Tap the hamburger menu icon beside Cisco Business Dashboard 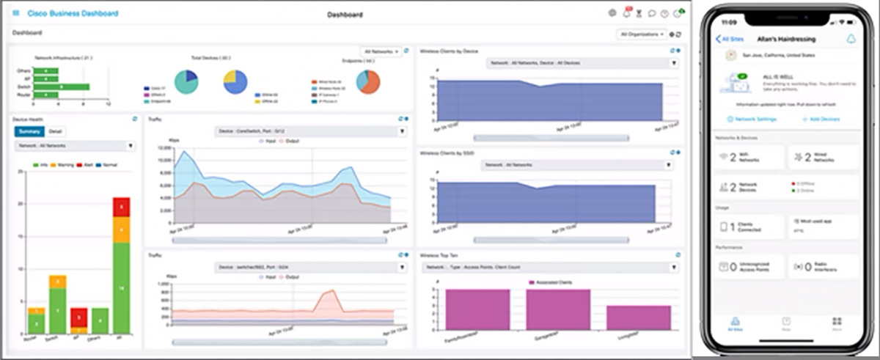[16, 13]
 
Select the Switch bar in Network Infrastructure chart [62, 87]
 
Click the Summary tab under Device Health [29, 131]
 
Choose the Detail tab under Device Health [55, 131]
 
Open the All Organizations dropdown [643, 34]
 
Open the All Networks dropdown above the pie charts [380, 52]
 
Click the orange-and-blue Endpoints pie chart [367, 81]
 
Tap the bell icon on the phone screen [851, 39]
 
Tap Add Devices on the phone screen [821, 119]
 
